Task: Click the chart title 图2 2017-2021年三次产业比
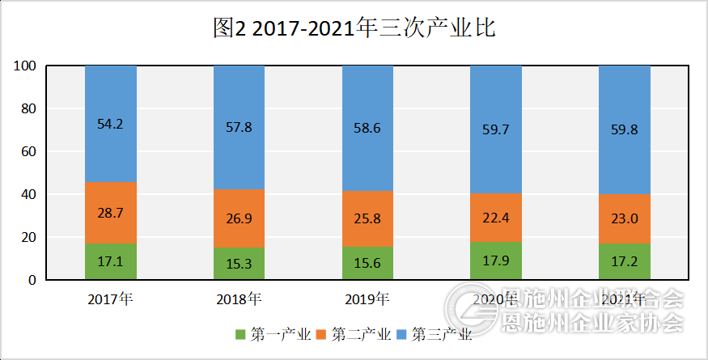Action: pyautogui.click(x=354, y=29)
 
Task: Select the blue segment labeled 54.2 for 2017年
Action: pyautogui.click(x=111, y=124)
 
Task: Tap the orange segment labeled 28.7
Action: pyautogui.click(x=111, y=213)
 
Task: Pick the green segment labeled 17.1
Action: pyautogui.click(x=111, y=261)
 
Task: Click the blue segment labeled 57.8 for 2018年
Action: pyautogui.click(x=239, y=128)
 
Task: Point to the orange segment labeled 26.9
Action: pyautogui.click(x=239, y=218)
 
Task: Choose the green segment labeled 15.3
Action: pyautogui.click(x=239, y=264)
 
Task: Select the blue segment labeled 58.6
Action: pyautogui.click(x=367, y=129)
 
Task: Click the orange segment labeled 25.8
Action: pyautogui.click(x=367, y=219)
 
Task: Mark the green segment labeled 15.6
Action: pyautogui.click(x=367, y=264)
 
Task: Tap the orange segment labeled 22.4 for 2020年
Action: pyautogui.click(x=496, y=218)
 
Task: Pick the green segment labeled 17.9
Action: pyautogui.click(x=496, y=260)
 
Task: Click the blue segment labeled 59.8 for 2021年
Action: pyautogui.click(x=625, y=129)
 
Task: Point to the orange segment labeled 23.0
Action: pyautogui.click(x=625, y=218)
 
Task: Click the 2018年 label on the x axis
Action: pyautogui.click(x=239, y=299)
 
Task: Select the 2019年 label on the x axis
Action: pyautogui.click(x=367, y=299)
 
